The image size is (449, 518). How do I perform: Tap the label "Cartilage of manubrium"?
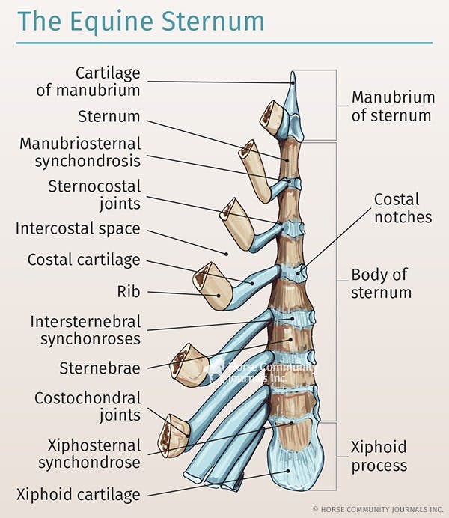pos(108,82)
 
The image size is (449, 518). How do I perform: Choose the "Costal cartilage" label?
pos(84,260)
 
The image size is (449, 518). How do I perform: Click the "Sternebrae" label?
pos(100,368)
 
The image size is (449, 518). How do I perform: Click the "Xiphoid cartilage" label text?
pos(78,494)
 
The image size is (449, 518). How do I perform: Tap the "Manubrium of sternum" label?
pos(393,106)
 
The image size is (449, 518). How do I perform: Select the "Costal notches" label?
pos(403,208)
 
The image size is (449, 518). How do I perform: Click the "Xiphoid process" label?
pos(379,456)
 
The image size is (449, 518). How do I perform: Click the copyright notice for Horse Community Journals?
pos(377,508)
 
